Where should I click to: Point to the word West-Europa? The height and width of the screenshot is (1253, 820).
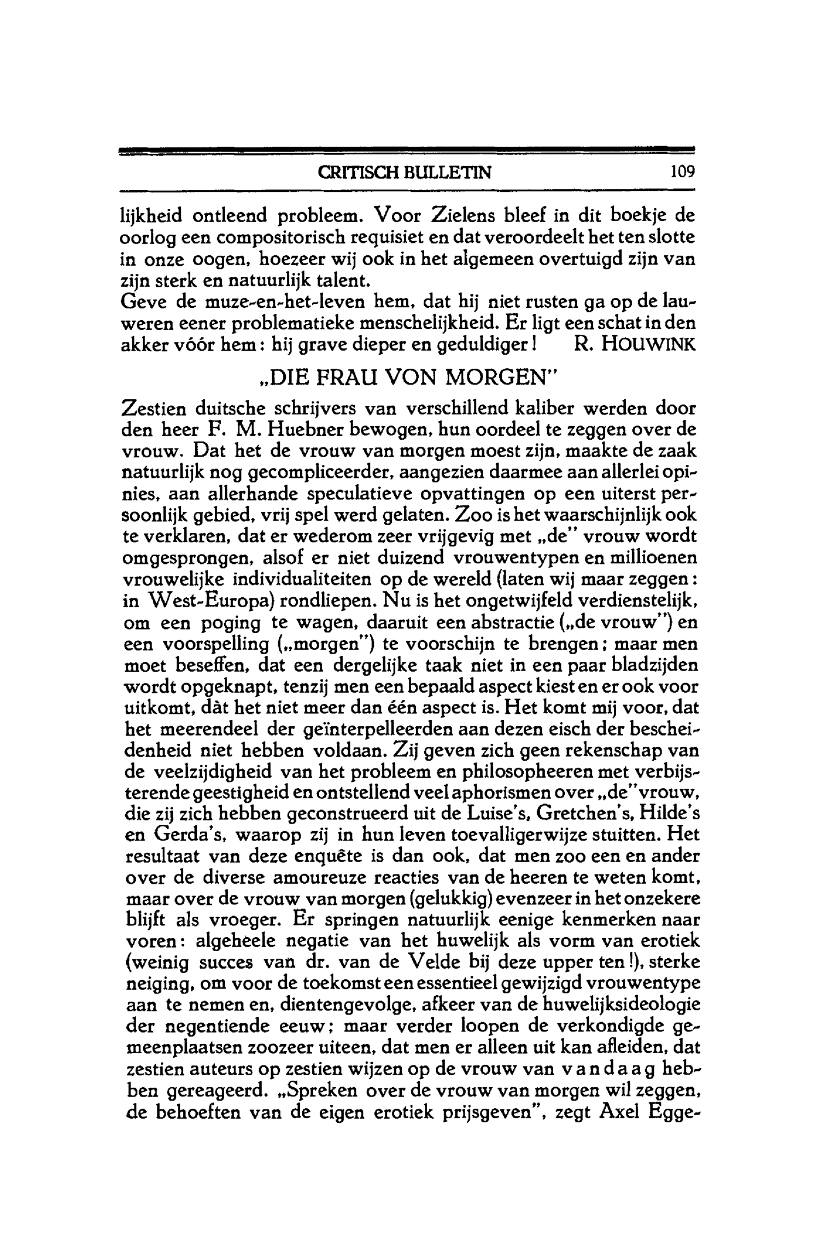coord(210,601)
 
